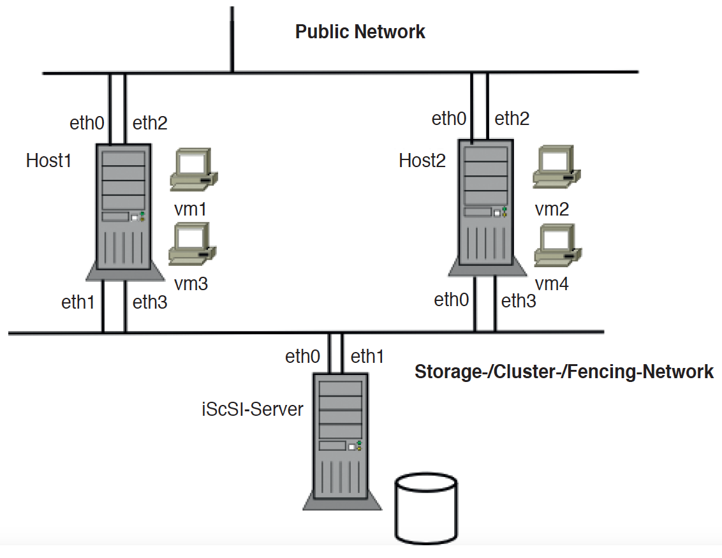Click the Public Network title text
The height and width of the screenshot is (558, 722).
[x=360, y=32]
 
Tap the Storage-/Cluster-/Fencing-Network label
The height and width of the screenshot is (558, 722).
[x=564, y=372]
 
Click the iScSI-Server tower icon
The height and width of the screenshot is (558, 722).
[x=341, y=440]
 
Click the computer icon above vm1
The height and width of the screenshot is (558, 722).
[x=194, y=170]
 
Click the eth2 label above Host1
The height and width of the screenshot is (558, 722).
[x=150, y=123]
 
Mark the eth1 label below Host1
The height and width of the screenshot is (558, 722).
[x=78, y=303]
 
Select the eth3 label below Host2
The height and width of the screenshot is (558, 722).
[x=519, y=301]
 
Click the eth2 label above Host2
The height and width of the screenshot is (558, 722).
[x=512, y=119]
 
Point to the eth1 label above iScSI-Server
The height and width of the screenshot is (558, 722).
[x=367, y=357]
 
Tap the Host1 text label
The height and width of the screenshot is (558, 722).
[x=48, y=160]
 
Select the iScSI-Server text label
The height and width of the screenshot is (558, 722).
[x=252, y=409]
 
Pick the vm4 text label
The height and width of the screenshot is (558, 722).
[x=552, y=284]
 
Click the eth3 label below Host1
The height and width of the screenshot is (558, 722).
[x=150, y=302]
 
